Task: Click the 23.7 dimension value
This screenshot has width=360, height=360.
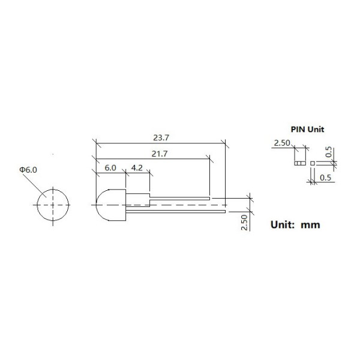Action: click(161, 138)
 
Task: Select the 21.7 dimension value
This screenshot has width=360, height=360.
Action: click(160, 154)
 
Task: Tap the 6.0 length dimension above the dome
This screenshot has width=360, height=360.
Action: click(110, 168)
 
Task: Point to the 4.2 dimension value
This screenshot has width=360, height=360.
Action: click(137, 168)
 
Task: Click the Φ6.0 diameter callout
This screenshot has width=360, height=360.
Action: click(28, 170)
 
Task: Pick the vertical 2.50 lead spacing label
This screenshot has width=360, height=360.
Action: click(245, 222)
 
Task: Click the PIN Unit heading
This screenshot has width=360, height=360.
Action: click(307, 129)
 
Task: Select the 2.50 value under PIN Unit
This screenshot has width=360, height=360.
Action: click(282, 143)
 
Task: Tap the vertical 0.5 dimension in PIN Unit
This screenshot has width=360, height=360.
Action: click(329, 152)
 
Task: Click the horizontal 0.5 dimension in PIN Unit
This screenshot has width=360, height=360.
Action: click(326, 178)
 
